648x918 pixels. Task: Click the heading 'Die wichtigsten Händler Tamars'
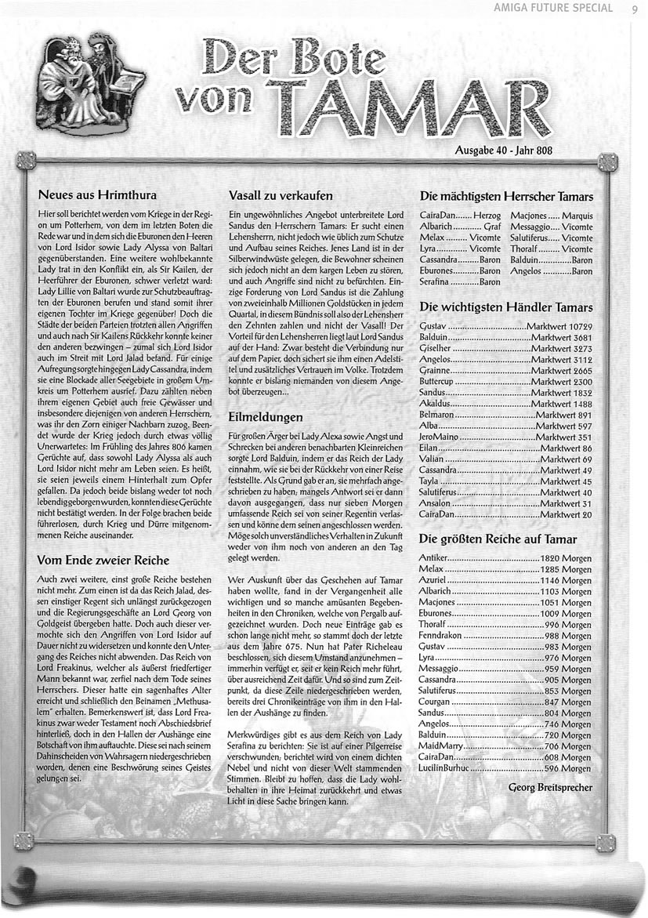point(506,307)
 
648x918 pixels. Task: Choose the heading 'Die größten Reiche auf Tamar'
point(498,539)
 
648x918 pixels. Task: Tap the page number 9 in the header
point(633,9)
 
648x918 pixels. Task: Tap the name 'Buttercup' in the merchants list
point(443,381)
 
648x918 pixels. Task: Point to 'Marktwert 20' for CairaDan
point(566,514)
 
